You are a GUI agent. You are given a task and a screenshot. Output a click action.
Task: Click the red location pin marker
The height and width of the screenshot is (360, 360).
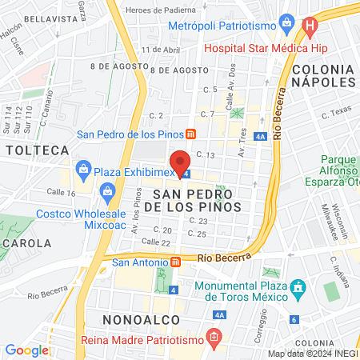[x=182, y=162]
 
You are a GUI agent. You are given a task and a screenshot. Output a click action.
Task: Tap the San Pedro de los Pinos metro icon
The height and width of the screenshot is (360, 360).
[x=190, y=134]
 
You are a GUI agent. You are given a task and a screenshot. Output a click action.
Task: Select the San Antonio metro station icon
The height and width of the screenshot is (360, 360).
[x=174, y=262]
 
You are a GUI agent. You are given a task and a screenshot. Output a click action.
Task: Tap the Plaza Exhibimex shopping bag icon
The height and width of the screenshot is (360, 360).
[x=82, y=169]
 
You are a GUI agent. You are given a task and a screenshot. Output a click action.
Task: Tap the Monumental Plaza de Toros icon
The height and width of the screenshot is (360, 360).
[x=298, y=286]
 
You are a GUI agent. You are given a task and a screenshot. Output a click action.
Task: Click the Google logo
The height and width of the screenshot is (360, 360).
[x=26, y=350]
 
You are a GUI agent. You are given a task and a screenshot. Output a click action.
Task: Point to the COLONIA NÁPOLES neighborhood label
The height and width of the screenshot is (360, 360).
[x=324, y=75]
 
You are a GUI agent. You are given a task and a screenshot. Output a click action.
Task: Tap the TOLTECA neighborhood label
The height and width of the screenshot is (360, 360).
[x=35, y=150]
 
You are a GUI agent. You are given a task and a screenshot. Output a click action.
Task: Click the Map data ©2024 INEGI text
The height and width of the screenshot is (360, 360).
[x=312, y=354]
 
